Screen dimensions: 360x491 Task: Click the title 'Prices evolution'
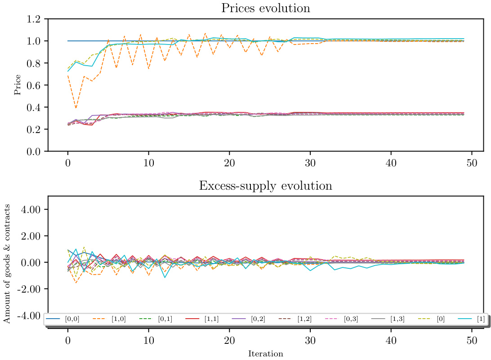[x=265, y=8]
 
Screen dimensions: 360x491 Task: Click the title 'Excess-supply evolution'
[x=265, y=186]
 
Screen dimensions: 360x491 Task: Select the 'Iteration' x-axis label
[x=265, y=354]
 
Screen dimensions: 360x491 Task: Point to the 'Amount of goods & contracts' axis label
[x=7, y=262]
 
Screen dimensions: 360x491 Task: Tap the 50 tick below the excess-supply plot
[x=472, y=340]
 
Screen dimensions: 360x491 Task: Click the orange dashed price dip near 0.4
[x=76, y=108]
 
